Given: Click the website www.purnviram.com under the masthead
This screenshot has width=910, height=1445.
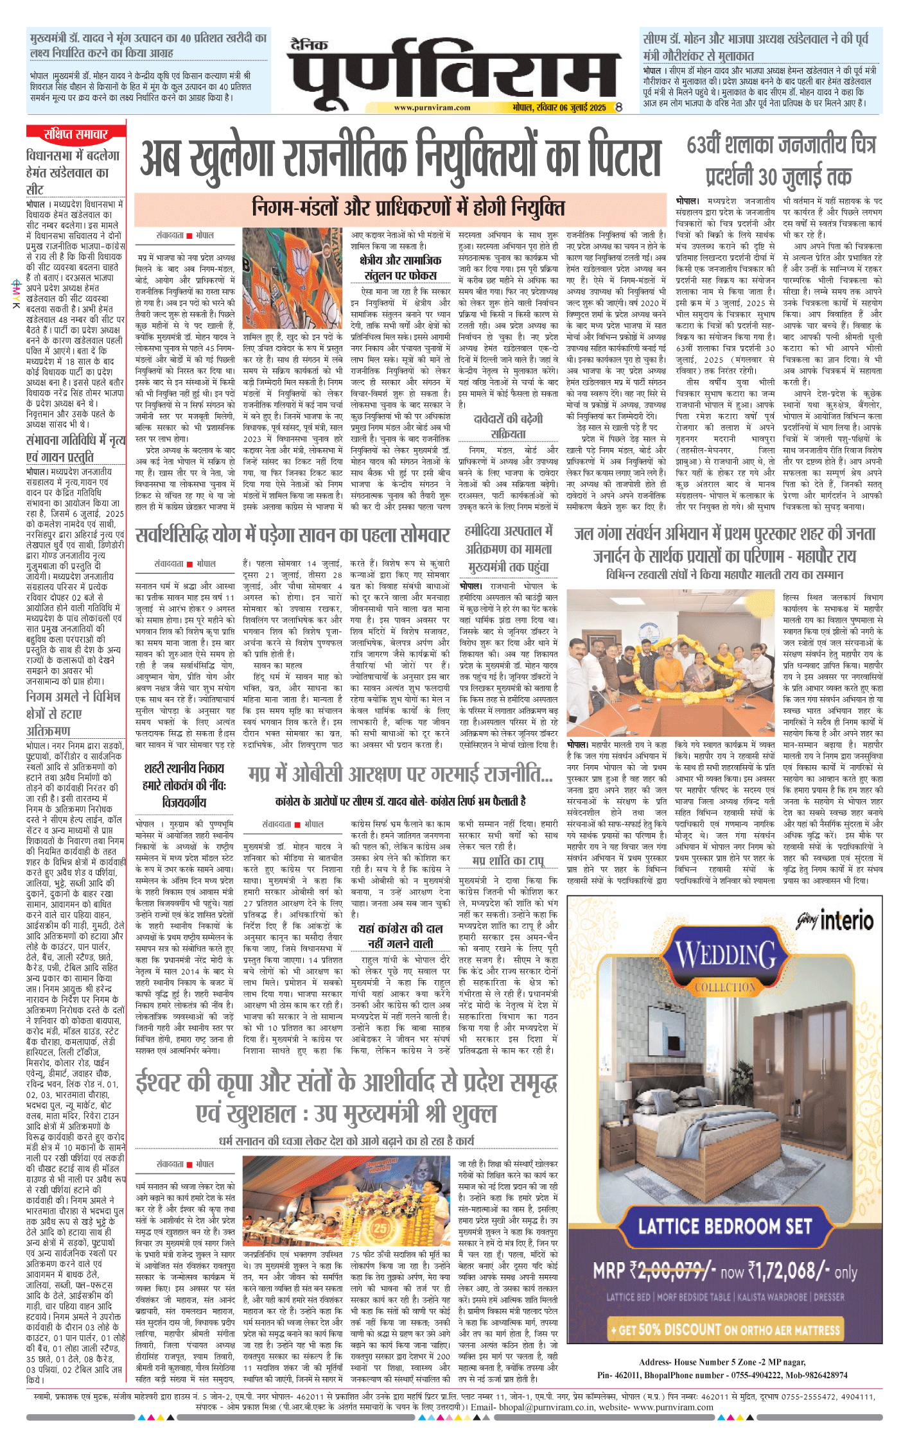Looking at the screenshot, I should point(432,108).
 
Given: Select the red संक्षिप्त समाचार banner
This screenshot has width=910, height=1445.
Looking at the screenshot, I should point(76,134).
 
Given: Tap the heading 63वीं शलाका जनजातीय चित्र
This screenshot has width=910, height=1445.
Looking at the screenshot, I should point(781,146).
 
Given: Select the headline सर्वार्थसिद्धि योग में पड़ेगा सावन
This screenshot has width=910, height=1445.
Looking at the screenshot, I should point(293,535).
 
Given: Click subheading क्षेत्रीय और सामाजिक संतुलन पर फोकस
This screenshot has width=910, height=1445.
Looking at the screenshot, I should point(401,268).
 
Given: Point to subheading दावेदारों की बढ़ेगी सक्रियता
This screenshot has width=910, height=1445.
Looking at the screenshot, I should point(508,426).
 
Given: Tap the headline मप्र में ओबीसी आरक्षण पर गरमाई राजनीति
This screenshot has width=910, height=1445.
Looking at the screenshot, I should point(400,775).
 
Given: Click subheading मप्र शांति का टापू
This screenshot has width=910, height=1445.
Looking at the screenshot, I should point(507,860).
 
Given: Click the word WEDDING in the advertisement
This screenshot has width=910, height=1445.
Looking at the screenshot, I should point(726,956).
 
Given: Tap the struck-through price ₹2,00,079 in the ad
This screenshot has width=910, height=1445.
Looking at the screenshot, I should point(669,1270).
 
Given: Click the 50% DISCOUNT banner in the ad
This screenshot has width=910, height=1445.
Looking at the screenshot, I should point(725,1329).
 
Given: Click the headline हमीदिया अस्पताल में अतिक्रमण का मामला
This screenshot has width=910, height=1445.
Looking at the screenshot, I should point(508,549).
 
